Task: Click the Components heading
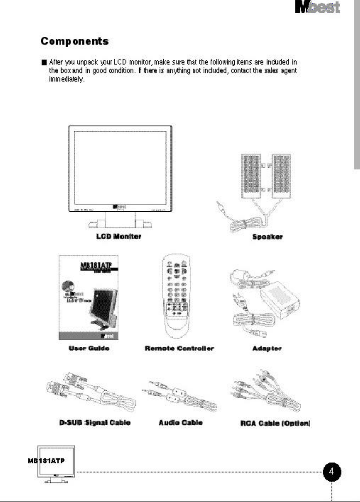pos(74,41)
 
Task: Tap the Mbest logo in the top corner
pos(317,8)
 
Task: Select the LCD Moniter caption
pos(119,237)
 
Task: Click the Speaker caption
pos(267,237)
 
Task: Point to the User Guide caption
pos(89,348)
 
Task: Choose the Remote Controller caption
pos(179,348)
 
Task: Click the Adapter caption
pos(267,348)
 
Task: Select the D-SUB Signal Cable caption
pos(95,422)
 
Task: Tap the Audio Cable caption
pos(181,422)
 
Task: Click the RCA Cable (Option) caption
pos(275,423)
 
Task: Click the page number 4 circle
pos(332,472)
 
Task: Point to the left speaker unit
pos(251,176)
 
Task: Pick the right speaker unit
pos(281,176)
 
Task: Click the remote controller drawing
pos(176,296)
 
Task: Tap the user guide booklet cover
pos(89,297)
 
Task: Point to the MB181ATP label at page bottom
pos(46,461)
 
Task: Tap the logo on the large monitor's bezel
pos(119,206)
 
